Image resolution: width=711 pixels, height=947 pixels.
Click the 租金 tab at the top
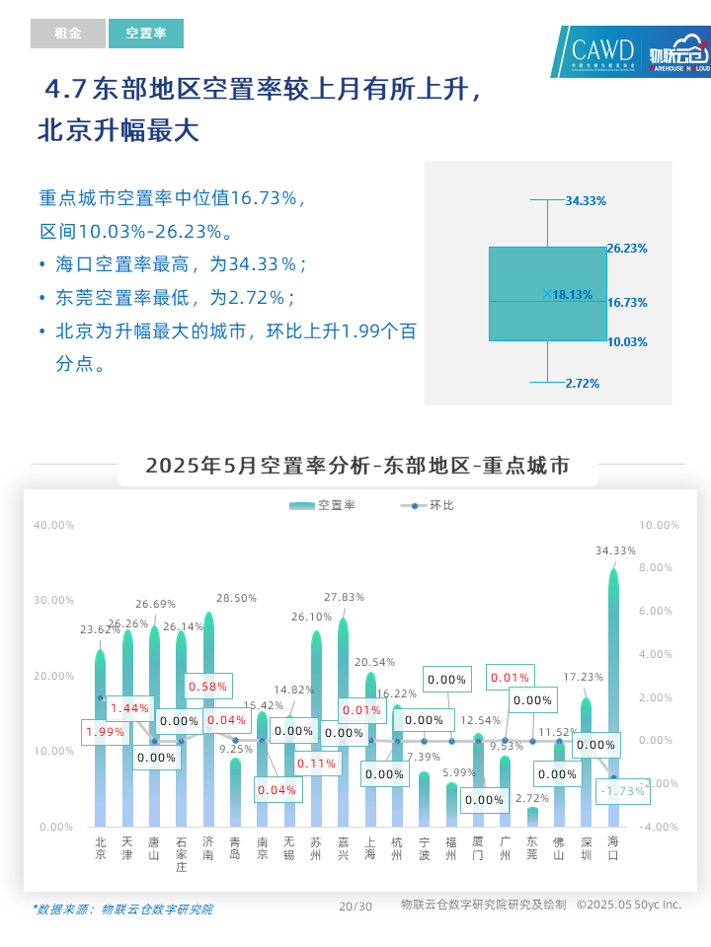coord(67,34)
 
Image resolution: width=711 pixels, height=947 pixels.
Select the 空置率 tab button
coord(146,34)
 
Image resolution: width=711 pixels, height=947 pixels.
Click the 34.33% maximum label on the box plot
coord(586,200)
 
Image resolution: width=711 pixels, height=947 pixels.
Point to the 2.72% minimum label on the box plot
coord(582,383)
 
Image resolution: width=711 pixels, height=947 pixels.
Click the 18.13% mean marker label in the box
coord(572,294)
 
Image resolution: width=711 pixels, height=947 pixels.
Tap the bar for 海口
coord(613,691)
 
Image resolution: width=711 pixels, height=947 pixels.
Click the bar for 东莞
coord(532,817)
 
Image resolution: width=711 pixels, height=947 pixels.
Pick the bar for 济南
coord(208,720)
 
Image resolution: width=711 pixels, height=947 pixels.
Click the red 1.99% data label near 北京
coord(105,732)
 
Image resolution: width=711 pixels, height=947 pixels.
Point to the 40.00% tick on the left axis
coord(54,525)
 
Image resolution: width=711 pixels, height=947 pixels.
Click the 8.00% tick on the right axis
coord(655,567)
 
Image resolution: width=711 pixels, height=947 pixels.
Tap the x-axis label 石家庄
coord(181,854)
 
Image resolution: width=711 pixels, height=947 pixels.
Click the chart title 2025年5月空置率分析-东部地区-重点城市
coord(357,466)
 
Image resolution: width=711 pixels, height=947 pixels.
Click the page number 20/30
coord(355,906)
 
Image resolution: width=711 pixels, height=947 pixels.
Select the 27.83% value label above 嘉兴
coord(345,597)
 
